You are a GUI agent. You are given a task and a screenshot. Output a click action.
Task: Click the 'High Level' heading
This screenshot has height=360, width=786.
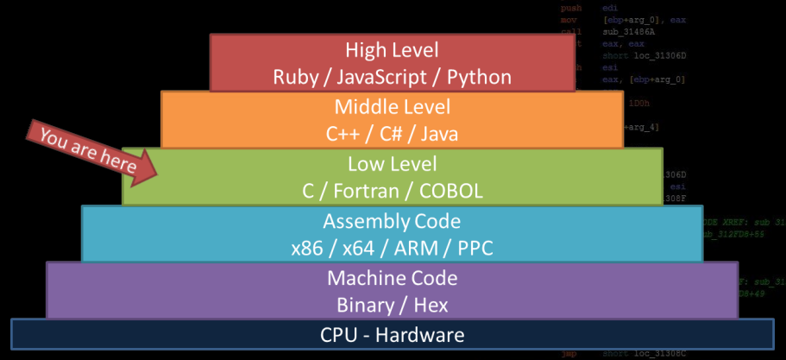pyautogui.click(x=392, y=50)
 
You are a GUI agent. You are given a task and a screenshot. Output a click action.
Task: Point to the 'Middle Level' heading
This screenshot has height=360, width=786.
pyautogui.click(x=392, y=107)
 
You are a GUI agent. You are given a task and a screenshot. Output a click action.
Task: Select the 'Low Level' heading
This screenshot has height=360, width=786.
pyautogui.click(x=392, y=163)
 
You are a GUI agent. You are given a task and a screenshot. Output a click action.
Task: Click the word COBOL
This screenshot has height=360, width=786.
pyautogui.click(x=452, y=191)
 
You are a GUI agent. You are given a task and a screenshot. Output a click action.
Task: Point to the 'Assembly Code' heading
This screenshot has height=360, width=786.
pyautogui.click(x=392, y=220)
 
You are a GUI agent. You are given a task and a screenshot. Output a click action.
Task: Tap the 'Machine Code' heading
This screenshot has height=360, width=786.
pyautogui.click(x=392, y=278)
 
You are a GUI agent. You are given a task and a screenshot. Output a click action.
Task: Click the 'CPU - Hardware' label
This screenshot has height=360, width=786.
pyautogui.click(x=392, y=335)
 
